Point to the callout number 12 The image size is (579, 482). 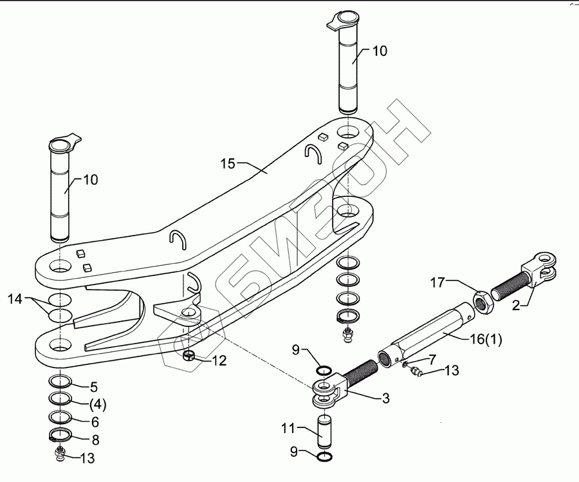tap(219, 361)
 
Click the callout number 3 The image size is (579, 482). tap(385, 399)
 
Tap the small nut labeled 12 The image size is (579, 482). tap(190, 357)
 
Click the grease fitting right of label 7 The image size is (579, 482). tap(414, 372)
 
